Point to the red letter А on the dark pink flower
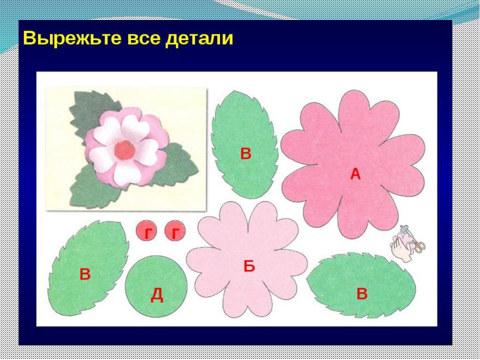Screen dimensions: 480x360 [355, 174]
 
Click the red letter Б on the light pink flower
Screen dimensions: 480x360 [249, 266]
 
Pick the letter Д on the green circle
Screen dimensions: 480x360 [156, 295]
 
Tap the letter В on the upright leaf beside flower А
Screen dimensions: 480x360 [245, 153]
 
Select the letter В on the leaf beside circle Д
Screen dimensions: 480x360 [85, 274]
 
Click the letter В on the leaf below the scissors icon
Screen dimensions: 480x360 [362, 294]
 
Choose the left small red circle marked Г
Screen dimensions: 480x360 [146, 231]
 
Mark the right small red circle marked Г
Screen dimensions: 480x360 [175, 231]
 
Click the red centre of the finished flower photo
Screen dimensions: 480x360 [125, 149]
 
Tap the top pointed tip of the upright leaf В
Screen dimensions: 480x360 [234, 90]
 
